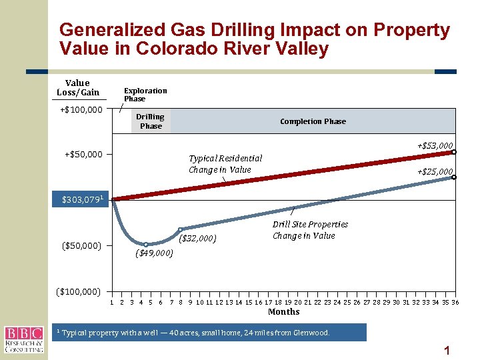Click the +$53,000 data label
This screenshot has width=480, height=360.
coord(435,145)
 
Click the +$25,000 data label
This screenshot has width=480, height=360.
coord(435,172)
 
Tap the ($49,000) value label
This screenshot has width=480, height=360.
coord(154,253)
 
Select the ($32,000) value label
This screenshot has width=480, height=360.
coord(199,238)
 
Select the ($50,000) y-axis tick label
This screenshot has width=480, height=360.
coord(81,246)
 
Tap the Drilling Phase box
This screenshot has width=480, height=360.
coord(151,121)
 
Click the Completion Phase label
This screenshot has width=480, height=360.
coord(313,121)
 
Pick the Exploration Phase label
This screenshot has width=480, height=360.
coord(145,95)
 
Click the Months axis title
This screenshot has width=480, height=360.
coord(283,312)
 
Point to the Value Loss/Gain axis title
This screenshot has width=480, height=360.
coord(78,88)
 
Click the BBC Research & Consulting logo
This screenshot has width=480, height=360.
coord(23,339)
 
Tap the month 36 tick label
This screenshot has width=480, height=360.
coord(455,303)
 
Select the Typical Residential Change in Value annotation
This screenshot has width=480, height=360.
coord(225,164)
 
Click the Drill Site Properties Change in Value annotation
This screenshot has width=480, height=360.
coord(310,230)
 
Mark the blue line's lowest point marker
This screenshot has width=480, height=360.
coord(146,245)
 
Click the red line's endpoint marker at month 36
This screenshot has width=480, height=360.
coord(454,152)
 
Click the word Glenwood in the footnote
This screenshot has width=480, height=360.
coord(311,333)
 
